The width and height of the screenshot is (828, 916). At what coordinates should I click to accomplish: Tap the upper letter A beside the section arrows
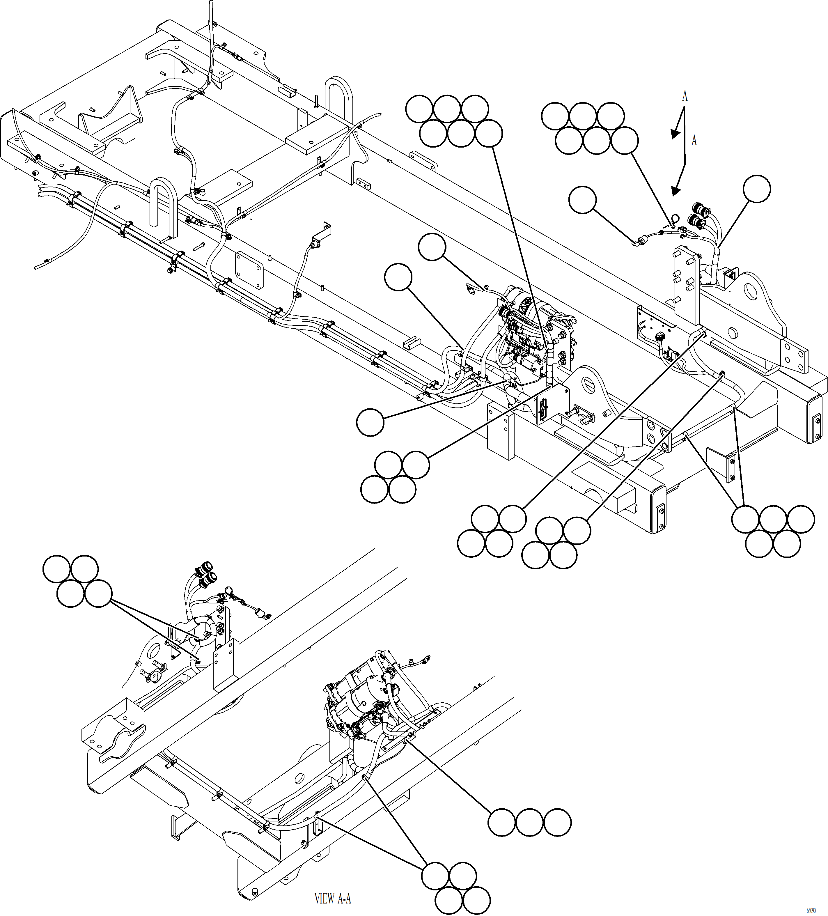(x=685, y=96)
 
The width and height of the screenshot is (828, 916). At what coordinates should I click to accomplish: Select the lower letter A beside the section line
(x=694, y=141)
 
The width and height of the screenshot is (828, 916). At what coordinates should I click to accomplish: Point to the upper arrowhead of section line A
(x=675, y=133)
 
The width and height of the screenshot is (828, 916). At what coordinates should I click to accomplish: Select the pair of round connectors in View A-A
(x=207, y=574)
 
